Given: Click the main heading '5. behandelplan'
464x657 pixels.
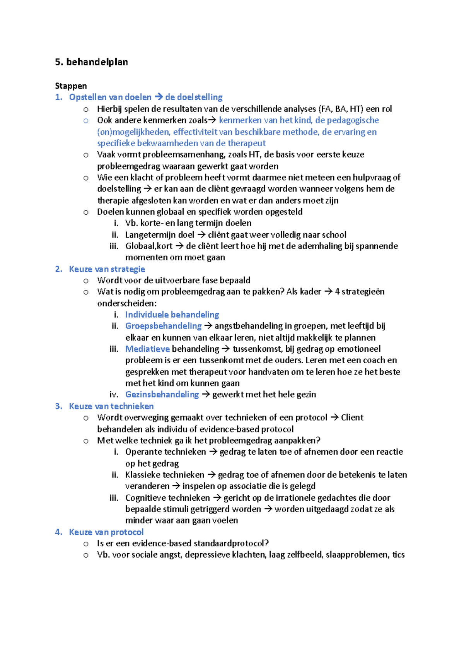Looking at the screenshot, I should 91,62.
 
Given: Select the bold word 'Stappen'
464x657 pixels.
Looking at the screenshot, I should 71,86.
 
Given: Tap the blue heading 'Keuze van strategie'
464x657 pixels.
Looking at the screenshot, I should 107,269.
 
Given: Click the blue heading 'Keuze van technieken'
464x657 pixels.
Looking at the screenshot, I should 111,406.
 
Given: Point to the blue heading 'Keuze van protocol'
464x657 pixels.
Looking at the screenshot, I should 106,532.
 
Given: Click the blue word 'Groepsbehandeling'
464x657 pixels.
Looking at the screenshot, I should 163,326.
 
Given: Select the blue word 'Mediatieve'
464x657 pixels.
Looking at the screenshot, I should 147,349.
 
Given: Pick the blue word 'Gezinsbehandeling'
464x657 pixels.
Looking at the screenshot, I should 162,394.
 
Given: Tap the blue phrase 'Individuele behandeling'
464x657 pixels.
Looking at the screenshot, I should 172,315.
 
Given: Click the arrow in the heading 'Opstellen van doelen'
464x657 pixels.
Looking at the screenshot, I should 158,97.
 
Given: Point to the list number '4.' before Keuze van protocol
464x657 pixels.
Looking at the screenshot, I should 58,532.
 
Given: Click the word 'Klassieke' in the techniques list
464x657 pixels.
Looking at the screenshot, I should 143,475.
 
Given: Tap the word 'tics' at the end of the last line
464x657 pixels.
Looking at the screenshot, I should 398,554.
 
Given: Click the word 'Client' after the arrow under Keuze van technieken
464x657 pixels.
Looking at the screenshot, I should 352,417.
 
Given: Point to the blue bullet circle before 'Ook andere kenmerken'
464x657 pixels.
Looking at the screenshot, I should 86,121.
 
